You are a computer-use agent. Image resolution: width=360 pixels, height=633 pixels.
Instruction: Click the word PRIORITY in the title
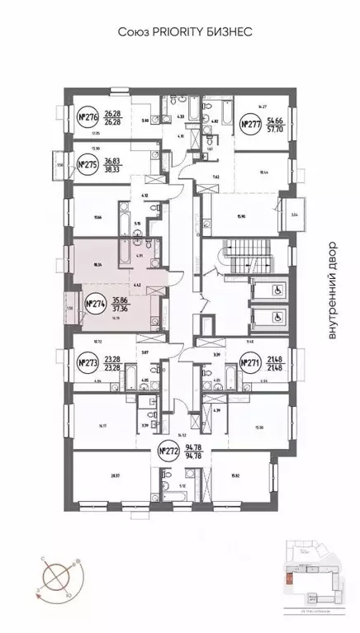tap(177, 31)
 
